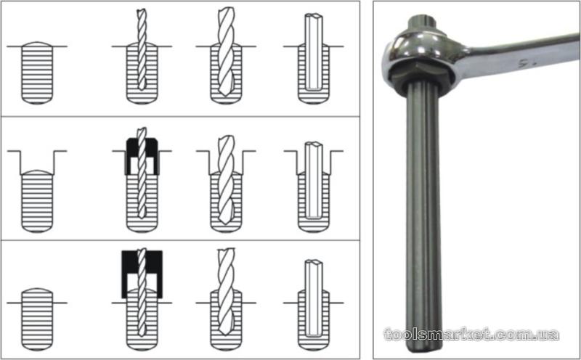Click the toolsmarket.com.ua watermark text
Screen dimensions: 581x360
(471, 334)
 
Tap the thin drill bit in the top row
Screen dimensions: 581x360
(142, 49)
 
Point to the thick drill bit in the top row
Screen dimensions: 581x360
(226, 51)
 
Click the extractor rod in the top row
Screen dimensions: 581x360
(314, 52)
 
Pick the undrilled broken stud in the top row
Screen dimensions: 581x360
(37, 73)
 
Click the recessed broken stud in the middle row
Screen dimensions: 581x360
(37, 201)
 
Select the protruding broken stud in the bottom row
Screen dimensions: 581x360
(37, 319)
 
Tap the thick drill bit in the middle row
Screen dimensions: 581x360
(226, 179)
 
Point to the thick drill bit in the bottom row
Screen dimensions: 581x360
(226, 292)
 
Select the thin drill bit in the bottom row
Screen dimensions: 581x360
(142, 292)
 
